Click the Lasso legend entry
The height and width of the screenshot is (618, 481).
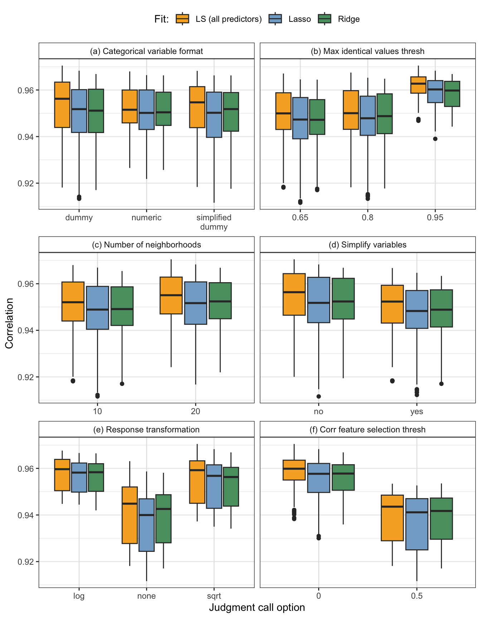coord(300,19)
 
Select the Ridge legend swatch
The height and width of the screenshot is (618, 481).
coord(325,19)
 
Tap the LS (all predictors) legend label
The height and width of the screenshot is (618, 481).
coord(229,19)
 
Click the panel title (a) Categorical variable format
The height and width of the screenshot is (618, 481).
coord(146,51)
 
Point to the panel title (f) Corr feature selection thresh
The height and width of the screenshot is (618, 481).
coord(368,430)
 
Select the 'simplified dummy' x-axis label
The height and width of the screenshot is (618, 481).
coord(214,222)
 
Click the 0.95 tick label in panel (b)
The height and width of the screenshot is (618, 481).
coord(435,217)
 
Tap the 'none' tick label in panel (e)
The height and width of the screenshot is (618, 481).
coord(146,596)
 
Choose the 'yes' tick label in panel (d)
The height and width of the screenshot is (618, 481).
coord(417,411)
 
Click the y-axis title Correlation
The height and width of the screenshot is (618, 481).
coord(9,323)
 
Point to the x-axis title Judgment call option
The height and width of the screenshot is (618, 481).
coord(257,607)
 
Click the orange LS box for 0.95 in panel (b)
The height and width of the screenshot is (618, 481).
coord(418,85)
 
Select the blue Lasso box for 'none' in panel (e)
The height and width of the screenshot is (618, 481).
coord(146,525)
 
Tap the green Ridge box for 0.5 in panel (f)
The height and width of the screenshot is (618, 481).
coord(441,519)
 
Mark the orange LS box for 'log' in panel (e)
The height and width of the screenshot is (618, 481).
coord(62,475)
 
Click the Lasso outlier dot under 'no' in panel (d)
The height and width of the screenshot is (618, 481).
coord(319,396)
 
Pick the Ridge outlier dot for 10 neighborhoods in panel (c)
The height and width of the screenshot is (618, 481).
coord(122,384)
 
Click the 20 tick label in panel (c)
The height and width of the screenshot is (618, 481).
coord(195,411)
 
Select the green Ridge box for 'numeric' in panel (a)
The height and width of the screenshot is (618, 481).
coord(164,109)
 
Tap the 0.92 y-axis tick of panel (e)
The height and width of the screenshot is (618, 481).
coord(26,561)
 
